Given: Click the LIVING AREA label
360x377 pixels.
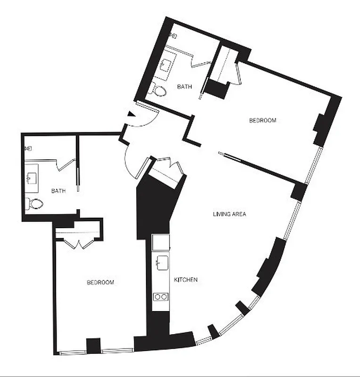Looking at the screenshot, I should coord(229,214).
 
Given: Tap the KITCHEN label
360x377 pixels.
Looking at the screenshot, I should coord(186,280).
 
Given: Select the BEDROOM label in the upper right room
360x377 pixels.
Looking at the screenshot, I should coord(262,121).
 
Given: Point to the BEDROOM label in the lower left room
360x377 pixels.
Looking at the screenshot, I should coord(100,282).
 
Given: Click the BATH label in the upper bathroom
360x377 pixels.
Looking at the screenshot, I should coord(184,87).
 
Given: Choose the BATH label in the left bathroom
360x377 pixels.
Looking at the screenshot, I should coord(58,191).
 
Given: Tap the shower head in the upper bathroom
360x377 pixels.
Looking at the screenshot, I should coord(173,35).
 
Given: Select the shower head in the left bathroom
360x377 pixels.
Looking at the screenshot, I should coord(28,148).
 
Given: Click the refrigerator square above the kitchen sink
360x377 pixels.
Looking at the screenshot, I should coord(161,242).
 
